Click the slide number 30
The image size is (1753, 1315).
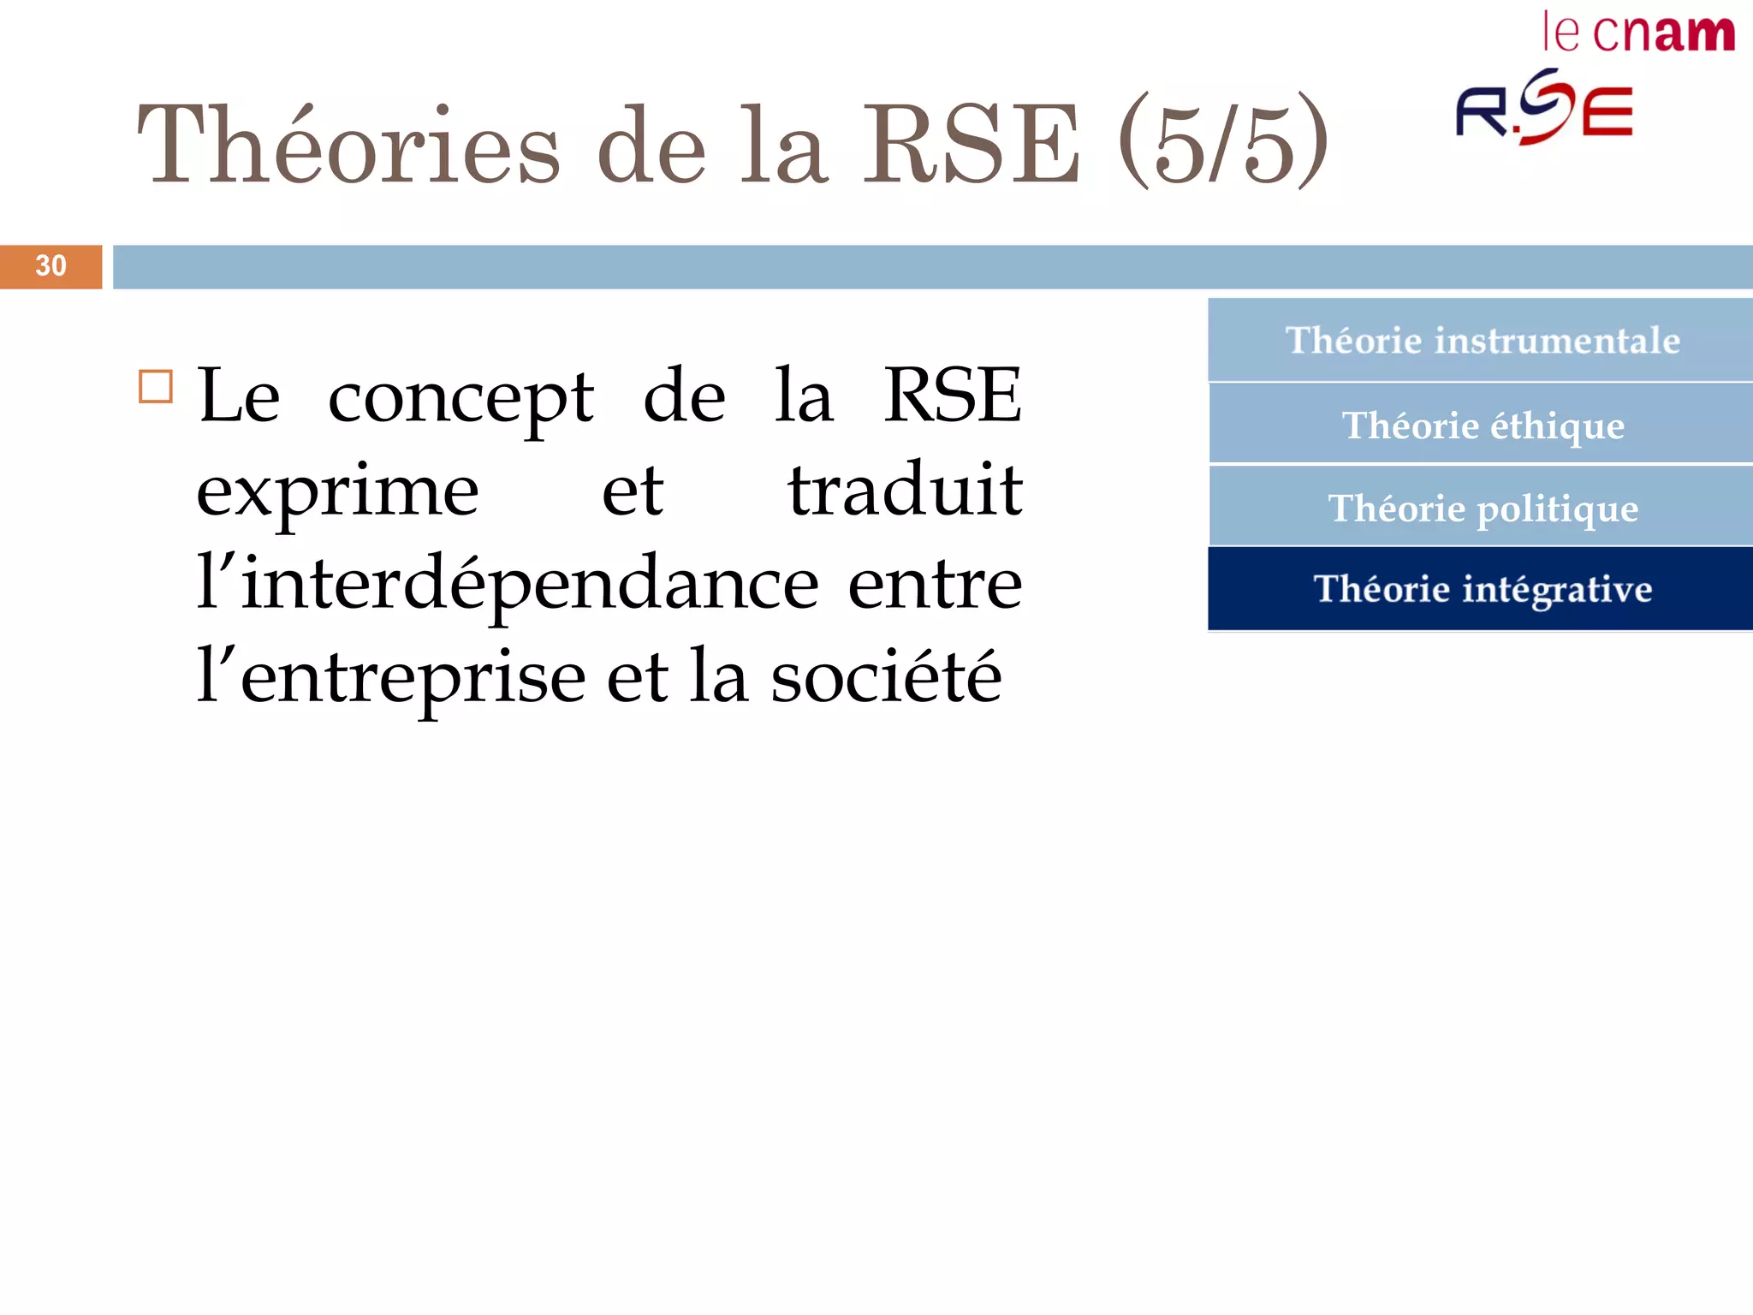[x=51, y=266]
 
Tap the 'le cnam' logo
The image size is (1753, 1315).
[x=1637, y=33]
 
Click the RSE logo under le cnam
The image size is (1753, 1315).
[x=1544, y=108]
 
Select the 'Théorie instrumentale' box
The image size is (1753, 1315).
[x=1481, y=340]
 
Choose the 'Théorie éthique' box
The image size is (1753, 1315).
[x=1482, y=425]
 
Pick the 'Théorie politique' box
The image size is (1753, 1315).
[x=1482, y=508]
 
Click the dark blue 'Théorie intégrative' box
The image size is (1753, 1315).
[x=1482, y=589]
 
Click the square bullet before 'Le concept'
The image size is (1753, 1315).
[x=156, y=387]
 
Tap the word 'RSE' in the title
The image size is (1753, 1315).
[x=971, y=144]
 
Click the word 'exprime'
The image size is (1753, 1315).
[x=337, y=493]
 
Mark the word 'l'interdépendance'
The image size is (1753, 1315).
[x=508, y=586]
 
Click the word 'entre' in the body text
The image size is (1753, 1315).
[x=935, y=586]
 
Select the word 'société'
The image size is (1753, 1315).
[x=885, y=676]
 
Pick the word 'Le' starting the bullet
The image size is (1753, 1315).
[x=239, y=396]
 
